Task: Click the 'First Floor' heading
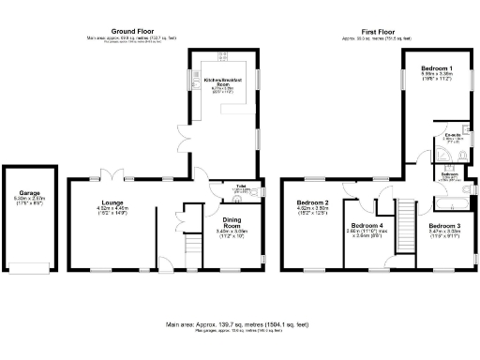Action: [x=375, y=31]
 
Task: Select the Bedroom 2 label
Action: [x=313, y=202]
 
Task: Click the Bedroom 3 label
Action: [x=445, y=226]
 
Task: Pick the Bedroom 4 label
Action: [x=367, y=226]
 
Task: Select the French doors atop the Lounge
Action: [x=111, y=175]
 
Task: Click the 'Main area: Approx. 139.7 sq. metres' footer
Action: [x=240, y=324]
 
